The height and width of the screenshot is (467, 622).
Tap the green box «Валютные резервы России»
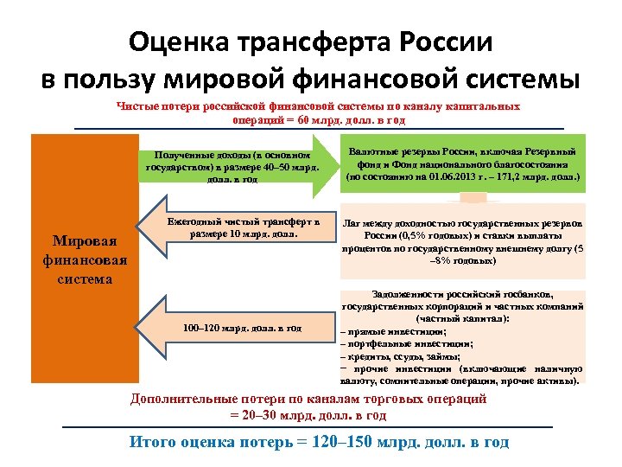click(x=463, y=162)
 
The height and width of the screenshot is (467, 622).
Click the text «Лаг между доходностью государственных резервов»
click(x=463, y=223)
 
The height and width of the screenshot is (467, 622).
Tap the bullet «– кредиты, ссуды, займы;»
click(x=401, y=356)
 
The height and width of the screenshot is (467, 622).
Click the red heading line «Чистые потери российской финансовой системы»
click(x=319, y=106)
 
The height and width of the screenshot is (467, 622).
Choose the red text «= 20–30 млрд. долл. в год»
click(x=308, y=414)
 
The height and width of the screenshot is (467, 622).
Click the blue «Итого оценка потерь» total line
click(x=319, y=442)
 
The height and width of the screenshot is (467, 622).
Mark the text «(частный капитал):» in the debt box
click(x=464, y=318)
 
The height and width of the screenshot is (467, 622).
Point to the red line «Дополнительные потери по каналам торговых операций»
click(x=308, y=399)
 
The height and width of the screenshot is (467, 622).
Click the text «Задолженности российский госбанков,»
click(x=463, y=294)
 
